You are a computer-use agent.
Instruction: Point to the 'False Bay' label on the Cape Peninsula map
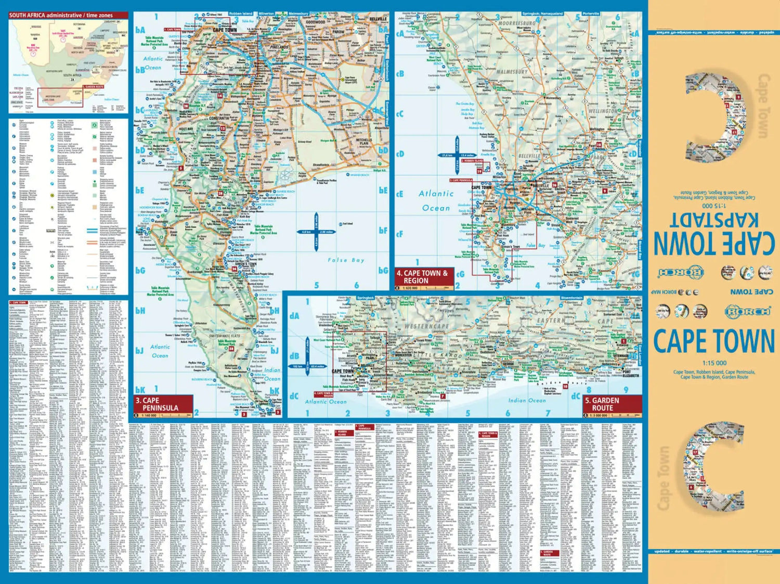click(x=346, y=260)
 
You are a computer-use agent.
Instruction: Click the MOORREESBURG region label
click(x=517, y=24)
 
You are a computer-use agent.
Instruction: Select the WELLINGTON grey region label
click(x=603, y=111)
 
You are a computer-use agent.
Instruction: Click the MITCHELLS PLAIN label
click(x=363, y=142)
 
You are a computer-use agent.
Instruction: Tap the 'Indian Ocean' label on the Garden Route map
click(x=527, y=400)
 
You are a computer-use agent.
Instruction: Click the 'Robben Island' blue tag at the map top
click(x=240, y=14)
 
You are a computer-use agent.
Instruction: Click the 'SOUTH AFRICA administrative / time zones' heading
click(x=61, y=16)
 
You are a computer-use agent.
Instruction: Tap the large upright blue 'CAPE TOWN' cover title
click(x=713, y=341)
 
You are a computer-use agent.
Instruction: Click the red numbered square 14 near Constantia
click(x=220, y=96)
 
